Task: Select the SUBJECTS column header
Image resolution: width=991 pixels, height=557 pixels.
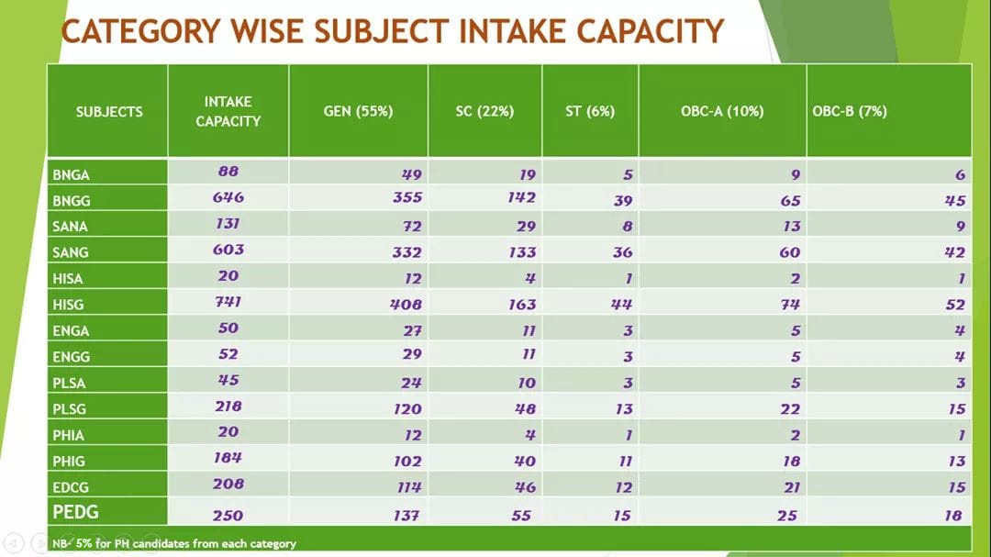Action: (x=109, y=112)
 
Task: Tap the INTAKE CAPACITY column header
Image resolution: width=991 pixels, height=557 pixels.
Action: (x=228, y=111)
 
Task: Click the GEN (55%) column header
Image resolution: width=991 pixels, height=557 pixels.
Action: (x=359, y=111)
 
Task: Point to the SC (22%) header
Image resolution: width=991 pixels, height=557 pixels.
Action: (x=484, y=111)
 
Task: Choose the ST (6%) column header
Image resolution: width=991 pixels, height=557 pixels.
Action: (x=590, y=111)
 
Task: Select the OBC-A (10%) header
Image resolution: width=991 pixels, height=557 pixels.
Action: (x=722, y=111)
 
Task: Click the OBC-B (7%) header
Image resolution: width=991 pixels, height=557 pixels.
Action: (x=850, y=111)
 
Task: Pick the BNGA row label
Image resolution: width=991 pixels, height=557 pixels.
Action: (x=71, y=175)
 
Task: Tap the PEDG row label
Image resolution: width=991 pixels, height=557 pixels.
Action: (x=75, y=511)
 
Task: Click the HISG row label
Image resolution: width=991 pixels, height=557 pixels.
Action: (x=68, y=305)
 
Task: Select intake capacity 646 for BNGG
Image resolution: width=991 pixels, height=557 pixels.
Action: (x=228, y=197)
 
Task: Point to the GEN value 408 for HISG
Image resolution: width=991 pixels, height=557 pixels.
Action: (x=406, y=305)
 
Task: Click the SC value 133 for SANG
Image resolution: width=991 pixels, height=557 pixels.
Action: (x=522, y=252)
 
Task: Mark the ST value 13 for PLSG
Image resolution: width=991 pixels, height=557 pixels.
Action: (x=624, y=409)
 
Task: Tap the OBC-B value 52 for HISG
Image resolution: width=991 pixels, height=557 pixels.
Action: (x=955, y=305)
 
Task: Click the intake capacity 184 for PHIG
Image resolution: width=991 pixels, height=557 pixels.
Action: (x=228, y=458)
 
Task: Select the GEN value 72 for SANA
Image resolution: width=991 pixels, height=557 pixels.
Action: (x=411, y=227)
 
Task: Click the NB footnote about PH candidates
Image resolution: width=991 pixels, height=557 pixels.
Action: (x=173, y=544)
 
